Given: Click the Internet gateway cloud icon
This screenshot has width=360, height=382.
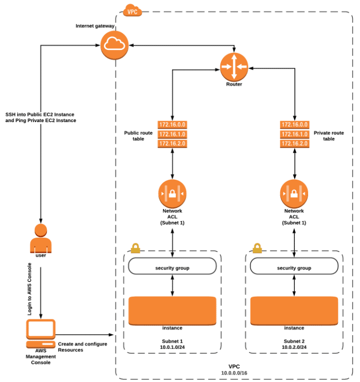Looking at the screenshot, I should click(x=113, y=45).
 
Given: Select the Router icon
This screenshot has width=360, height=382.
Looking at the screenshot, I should click(x=233, y=67).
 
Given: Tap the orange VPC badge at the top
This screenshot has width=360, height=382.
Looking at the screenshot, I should click(x=133, y=10).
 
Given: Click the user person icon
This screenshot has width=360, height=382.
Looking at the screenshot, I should click(x=41, y=238).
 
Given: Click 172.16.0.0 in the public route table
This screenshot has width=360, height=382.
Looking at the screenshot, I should click(x=172, y=125).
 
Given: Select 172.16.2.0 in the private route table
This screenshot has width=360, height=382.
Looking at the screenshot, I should click(x=294, y=144).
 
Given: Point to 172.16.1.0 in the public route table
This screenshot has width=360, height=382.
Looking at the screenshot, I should click(x=172, y=134).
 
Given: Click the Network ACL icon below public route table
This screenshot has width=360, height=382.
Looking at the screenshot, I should click(x=172, y=193).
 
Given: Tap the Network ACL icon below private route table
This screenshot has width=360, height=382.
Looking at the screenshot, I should click(x=294, y=193).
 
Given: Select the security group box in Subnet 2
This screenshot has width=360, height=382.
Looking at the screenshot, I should click(x=294, y=267).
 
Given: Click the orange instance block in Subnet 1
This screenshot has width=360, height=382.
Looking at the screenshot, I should click(x=172, y=311).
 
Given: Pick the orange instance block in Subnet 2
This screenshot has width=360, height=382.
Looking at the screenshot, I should click(x=294, y=311).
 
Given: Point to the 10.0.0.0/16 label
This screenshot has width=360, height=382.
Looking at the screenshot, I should click(x=234, y=372).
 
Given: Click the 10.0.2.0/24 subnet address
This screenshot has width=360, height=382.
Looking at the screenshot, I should click(x=294, y=348).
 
